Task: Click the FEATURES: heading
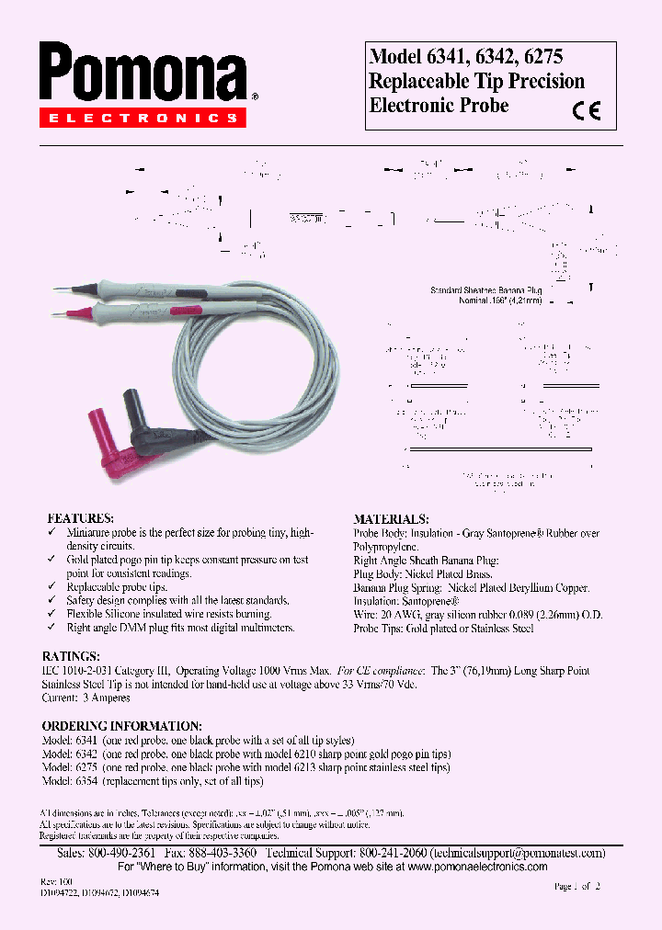pyautogui.click(x=81, y=518)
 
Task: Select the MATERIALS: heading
pyautogui.click(x=391, y=519)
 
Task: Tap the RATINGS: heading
pyautogui.click(x=72, y=657)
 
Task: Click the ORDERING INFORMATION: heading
pyautogui.click(x=122, y=726)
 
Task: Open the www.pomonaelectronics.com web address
pyautogui.click(x=477, y=867)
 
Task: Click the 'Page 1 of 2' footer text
pyautogui.click(x=576, y=887)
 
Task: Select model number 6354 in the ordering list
pyautogui.click(x=86, y=781)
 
